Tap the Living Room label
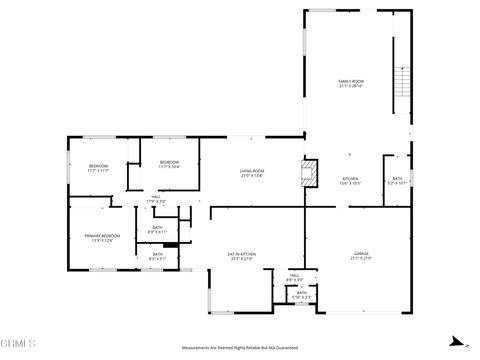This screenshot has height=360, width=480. tap(251, 171)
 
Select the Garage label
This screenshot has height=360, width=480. tap(361, 254)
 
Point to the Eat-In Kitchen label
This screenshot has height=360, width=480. tap(243, 254)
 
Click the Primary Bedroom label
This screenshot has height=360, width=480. tap(102, 236)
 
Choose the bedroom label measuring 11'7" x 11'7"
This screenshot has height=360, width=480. tap(98, 166)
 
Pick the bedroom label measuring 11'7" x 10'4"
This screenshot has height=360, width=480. tap(169, 163)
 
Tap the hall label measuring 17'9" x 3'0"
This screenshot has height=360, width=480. tap(156, 199)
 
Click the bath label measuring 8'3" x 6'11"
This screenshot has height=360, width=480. tap(158, 229)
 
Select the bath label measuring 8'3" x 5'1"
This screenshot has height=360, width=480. tap(158, 254)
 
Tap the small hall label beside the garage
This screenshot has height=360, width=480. tap(295, 275)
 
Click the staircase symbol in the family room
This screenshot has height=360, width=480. tap(403, 79)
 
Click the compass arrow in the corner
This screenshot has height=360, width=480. tap(456, 338)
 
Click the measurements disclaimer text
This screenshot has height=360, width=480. tap(240, 347)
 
